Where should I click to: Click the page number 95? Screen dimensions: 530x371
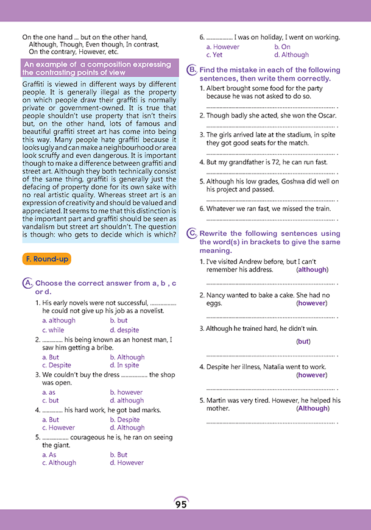181,504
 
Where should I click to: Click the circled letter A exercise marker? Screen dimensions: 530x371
27,283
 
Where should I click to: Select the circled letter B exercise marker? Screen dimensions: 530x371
192,71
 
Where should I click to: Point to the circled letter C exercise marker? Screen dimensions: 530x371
192,233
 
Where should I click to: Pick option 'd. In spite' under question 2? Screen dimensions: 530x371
124,366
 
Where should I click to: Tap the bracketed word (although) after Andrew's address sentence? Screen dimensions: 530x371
312,269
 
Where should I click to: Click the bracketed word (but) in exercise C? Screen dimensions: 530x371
303,342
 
